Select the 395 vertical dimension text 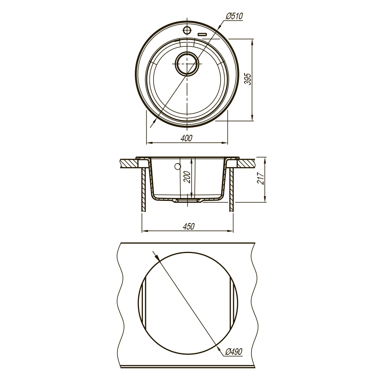248,79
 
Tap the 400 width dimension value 187,138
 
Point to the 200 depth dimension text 187,177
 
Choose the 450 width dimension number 188,226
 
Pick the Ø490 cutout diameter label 233,352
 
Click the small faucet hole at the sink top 187,30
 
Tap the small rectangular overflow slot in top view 202,35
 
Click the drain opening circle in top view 187,63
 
